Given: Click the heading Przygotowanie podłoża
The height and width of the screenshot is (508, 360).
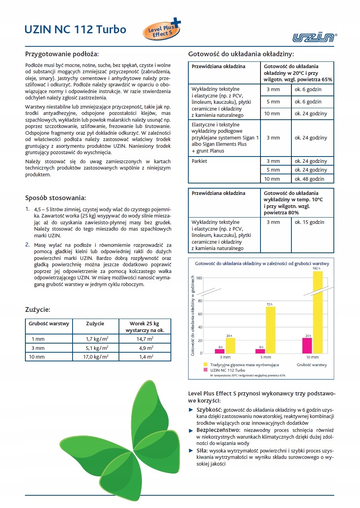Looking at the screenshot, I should point(62,54).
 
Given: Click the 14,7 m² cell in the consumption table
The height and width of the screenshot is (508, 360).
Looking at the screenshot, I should point(145,339).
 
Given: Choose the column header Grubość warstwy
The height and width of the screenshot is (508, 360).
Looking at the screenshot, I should point(49,324).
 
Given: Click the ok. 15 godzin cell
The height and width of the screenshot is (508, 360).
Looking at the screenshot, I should point(309,222).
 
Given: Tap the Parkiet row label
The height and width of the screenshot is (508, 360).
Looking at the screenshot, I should point(199,161).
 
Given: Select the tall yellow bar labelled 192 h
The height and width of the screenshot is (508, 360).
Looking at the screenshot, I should point(318,312).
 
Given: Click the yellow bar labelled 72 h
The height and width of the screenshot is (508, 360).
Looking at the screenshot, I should point(270,330).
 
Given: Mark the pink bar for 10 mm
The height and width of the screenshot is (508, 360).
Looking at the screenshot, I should point(307,345).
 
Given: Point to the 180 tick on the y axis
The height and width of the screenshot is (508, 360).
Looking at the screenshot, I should point(199,278).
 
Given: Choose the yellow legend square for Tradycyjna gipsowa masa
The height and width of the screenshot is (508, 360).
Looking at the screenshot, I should point(205,364).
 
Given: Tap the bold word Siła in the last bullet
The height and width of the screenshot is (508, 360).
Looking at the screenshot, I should point(202,451).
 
